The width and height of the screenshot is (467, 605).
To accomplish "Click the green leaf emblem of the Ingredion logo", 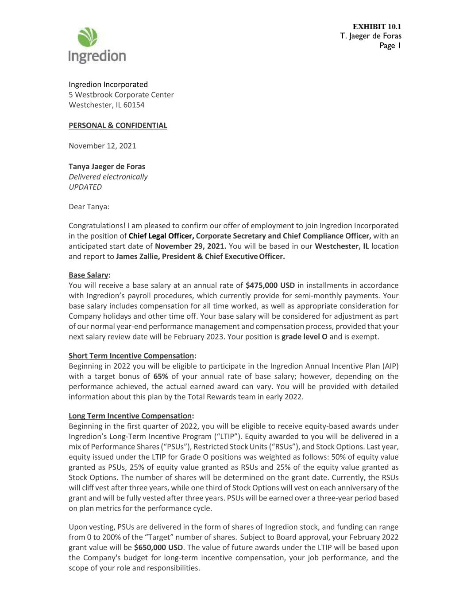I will [x=88, y=37].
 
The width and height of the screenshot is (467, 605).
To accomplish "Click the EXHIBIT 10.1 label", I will [x=377, y=27].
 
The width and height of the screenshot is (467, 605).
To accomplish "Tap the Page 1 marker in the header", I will [x=390, y=46].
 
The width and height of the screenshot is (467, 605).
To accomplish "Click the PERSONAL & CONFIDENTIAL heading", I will [x=118, y=125].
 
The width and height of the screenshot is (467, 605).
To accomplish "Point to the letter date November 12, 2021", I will [x=102, y=146].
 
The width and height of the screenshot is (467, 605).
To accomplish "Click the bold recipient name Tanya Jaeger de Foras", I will [x=107, y=167].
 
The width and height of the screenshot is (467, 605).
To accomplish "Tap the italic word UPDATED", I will [x=85, y=187].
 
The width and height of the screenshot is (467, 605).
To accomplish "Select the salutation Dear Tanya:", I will [x=89, y=207].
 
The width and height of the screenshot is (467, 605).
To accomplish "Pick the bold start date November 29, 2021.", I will [x=190, y=246].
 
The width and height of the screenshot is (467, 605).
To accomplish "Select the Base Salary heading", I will [x=89, y=275].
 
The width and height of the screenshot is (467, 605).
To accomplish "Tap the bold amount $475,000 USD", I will [x=270, y=285].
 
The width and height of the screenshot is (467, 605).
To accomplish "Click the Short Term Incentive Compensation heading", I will [x=131, y=355].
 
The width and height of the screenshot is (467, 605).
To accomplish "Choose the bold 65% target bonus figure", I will [x=161, y=376].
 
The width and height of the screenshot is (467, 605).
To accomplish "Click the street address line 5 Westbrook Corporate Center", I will [x=121, y=94].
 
